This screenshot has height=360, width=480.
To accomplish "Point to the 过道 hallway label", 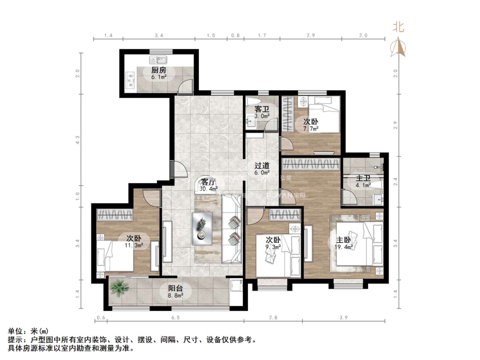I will point(262,165).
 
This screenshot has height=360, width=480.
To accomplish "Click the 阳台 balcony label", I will point(175,288).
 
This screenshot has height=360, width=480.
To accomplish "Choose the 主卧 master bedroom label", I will point(344,240).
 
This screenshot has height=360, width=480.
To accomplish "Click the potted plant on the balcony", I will point(120,286).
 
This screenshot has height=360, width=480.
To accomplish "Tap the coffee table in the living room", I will point(202,228).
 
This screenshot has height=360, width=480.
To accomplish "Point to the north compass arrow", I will point(398,47).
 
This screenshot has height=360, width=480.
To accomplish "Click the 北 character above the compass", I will point(398,27).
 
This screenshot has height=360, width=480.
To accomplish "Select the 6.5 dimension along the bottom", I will point(175,318).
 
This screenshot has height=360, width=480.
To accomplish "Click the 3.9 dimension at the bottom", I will point(343,318).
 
